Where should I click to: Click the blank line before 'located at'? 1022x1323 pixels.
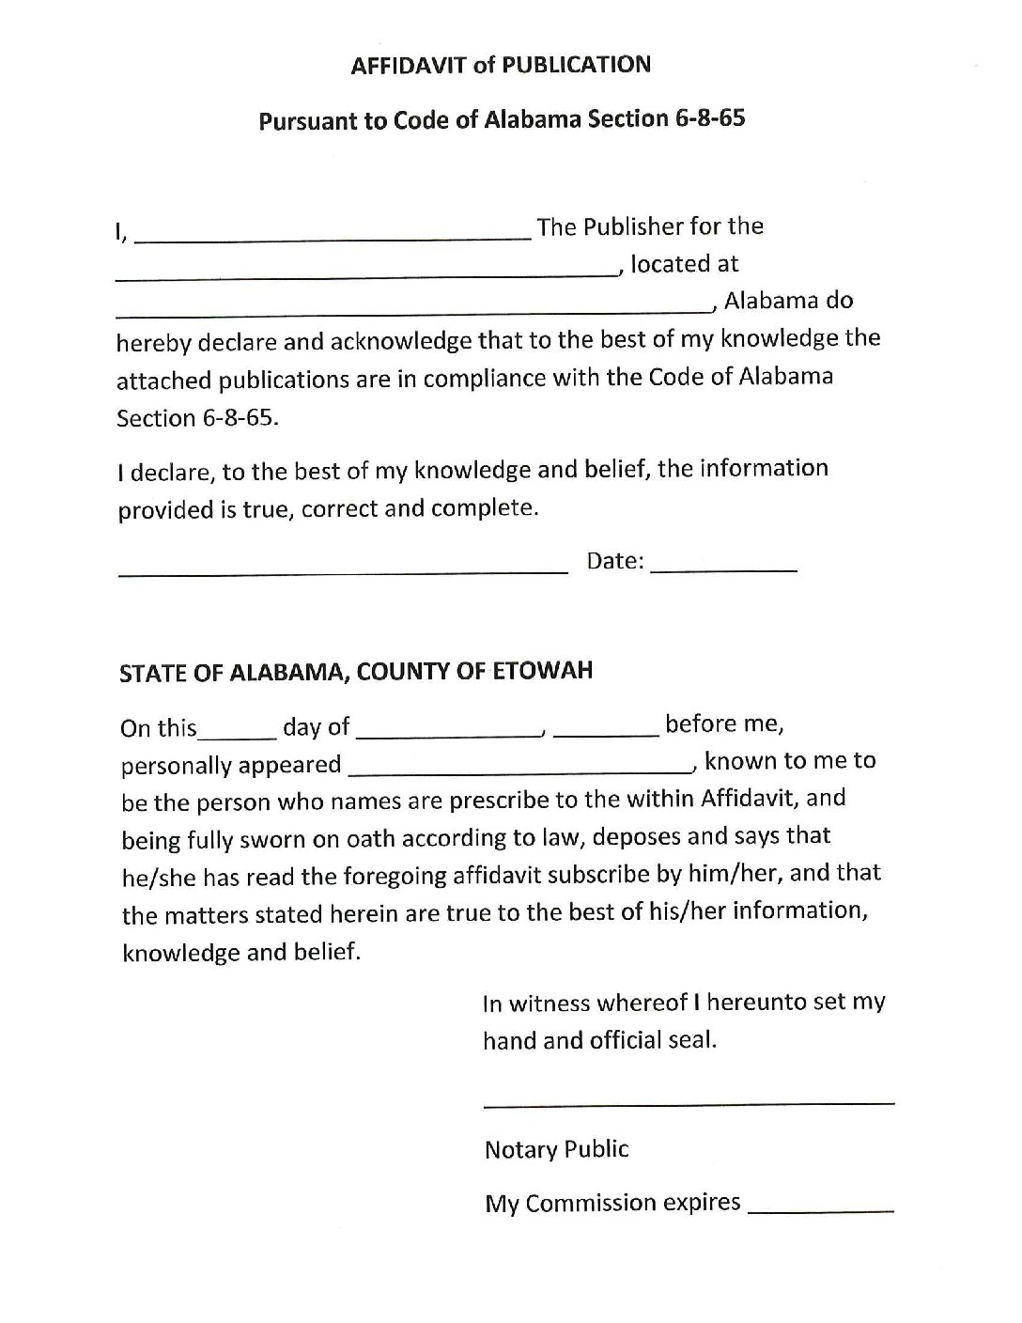tap(366, 274)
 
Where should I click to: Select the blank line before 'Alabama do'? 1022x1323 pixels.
tap(413, 310)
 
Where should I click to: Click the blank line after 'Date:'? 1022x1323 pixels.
tap(723, 569)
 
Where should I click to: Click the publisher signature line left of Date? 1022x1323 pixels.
tap(343, 569)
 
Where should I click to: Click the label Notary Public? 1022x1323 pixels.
tap(556, 1149)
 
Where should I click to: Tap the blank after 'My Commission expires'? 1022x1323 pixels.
tap(820, 1212)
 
